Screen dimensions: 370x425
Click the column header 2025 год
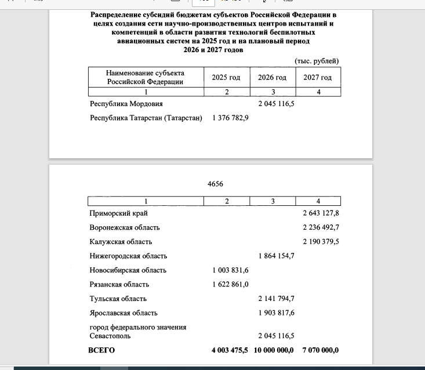(226, 77)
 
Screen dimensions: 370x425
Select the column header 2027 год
(318, 77)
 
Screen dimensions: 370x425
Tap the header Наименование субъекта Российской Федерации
(145, 77)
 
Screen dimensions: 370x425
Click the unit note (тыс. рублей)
(317, 61)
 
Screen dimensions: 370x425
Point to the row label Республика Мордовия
(126, 104)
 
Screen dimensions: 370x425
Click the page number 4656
(215, 184)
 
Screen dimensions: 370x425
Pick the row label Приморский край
(118, 213)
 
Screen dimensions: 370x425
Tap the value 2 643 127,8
(321, 213)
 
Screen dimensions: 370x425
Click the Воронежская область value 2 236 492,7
(321, 227)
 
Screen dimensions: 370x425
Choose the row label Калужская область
(121, 242)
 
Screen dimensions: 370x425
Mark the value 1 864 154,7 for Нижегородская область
(276, 256)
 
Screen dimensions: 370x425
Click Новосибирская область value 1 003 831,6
(230, 270)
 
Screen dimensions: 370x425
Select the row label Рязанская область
(119, 284)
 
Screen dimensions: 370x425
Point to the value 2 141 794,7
(276, 299)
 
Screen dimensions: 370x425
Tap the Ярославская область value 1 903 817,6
(276, 313)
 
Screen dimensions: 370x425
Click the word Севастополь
(110, 336)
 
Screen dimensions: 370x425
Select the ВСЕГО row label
(101, 350)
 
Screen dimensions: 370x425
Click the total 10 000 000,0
(274, 350)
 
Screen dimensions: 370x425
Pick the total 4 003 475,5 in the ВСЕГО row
(230, 350)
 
